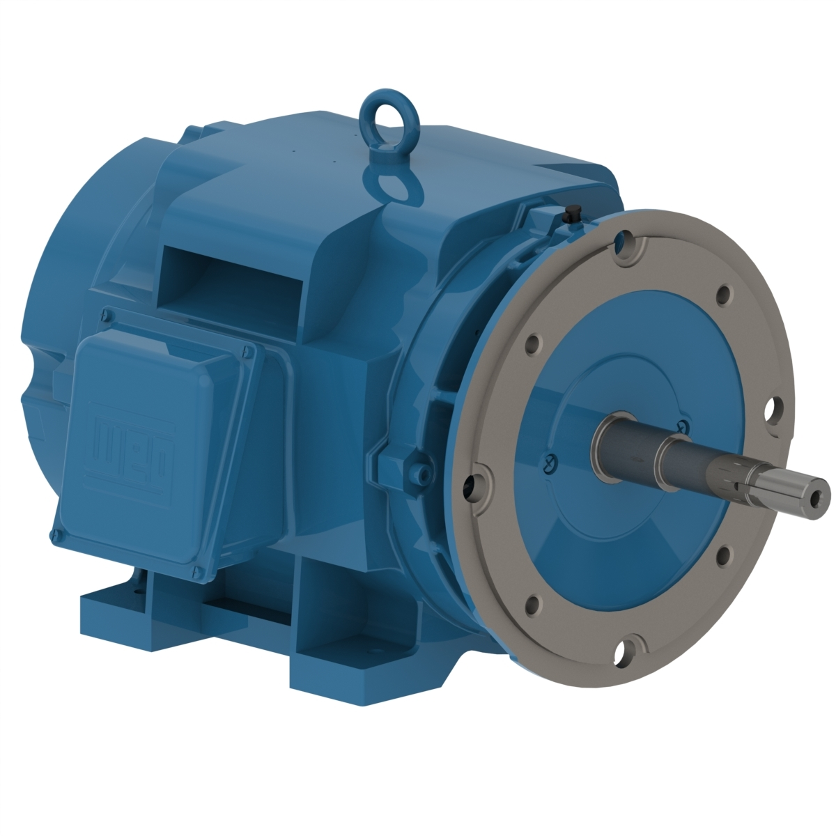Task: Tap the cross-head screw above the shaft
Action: (683, 426)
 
